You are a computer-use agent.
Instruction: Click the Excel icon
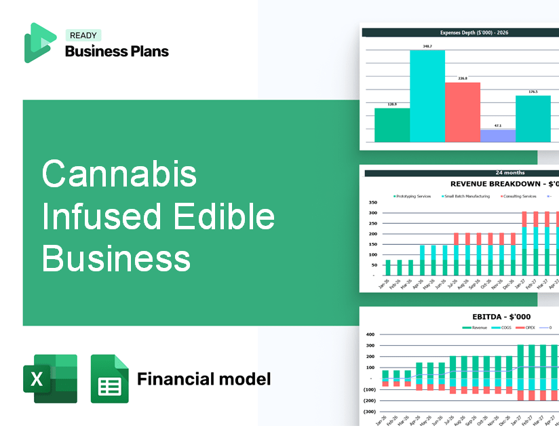[50, 378]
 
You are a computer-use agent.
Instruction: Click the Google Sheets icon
[110, 378]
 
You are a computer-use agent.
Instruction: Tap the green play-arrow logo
[40, 43]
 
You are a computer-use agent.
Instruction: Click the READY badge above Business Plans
[83, 35]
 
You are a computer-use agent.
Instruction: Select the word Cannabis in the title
[119, 174]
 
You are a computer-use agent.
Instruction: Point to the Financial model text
[204, 378]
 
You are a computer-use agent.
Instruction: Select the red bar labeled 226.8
[462, 112]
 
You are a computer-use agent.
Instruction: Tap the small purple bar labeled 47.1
[497, 136]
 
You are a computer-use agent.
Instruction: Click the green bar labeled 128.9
[392, 125]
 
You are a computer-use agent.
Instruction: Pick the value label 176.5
[533, 92]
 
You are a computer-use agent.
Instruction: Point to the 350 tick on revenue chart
[372, 202]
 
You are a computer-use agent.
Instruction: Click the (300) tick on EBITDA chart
[370, 411]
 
